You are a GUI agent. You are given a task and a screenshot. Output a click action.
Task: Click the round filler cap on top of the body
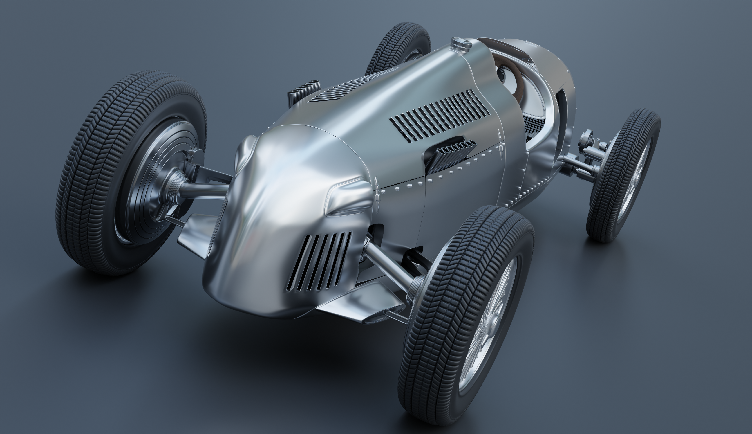point(461,44)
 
